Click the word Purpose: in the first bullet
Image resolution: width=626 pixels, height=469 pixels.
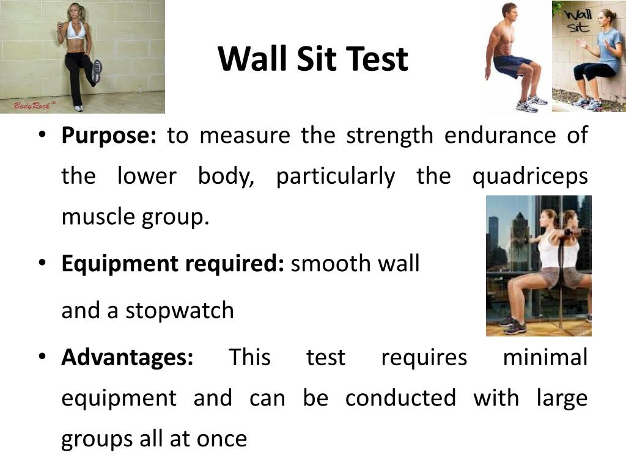click(109, 136)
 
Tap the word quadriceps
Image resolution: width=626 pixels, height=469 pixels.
click(530, 177)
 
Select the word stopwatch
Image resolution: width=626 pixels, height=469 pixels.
click(180, 311)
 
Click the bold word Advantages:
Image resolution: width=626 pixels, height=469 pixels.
click(127, 357)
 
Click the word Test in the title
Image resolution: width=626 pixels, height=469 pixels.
click(377, 59)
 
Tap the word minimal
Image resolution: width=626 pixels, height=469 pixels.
click(545, 357)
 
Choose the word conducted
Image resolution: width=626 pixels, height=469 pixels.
click(400, 398)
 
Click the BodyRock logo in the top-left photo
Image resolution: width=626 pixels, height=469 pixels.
click(27, 106)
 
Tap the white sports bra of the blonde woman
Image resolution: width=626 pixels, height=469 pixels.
click(76, 30)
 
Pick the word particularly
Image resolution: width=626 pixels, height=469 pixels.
click(336, 177)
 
